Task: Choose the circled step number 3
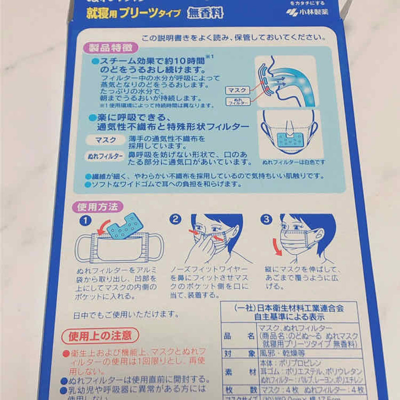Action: coord(267,220)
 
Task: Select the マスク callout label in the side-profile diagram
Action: coord(237,91)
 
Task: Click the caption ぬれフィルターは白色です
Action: coord(294,161)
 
